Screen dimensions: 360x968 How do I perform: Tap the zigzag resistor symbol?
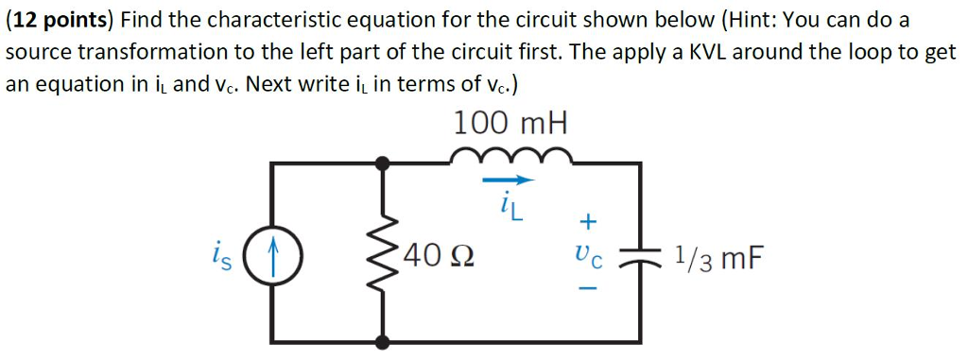382,252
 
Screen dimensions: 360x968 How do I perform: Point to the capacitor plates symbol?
645,255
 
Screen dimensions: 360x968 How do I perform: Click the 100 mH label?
511,123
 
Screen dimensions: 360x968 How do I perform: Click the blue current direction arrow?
510,179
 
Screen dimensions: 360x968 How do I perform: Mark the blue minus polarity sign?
588,288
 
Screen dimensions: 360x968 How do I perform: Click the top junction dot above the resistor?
382,163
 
